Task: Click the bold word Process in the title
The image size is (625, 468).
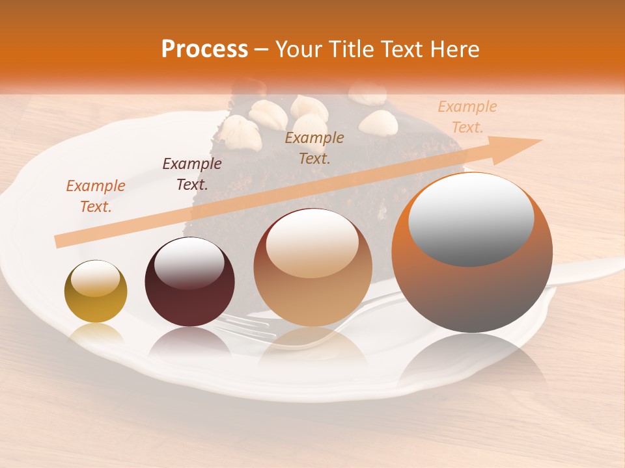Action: tap(204, 49)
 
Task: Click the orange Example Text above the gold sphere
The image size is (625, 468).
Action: tap(96, 196)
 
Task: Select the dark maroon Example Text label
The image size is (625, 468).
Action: tap(192, 174)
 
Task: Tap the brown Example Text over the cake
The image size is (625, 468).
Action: tap(314, 148)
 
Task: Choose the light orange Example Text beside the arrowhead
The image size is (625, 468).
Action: tap(467, 117)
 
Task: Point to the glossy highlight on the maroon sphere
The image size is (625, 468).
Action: tap(189, 263)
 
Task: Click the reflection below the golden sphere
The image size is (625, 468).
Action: tap(96, 334)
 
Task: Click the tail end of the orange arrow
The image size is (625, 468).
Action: tap(60, 241)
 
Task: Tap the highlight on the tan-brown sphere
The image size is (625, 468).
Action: tap(312, 244)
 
